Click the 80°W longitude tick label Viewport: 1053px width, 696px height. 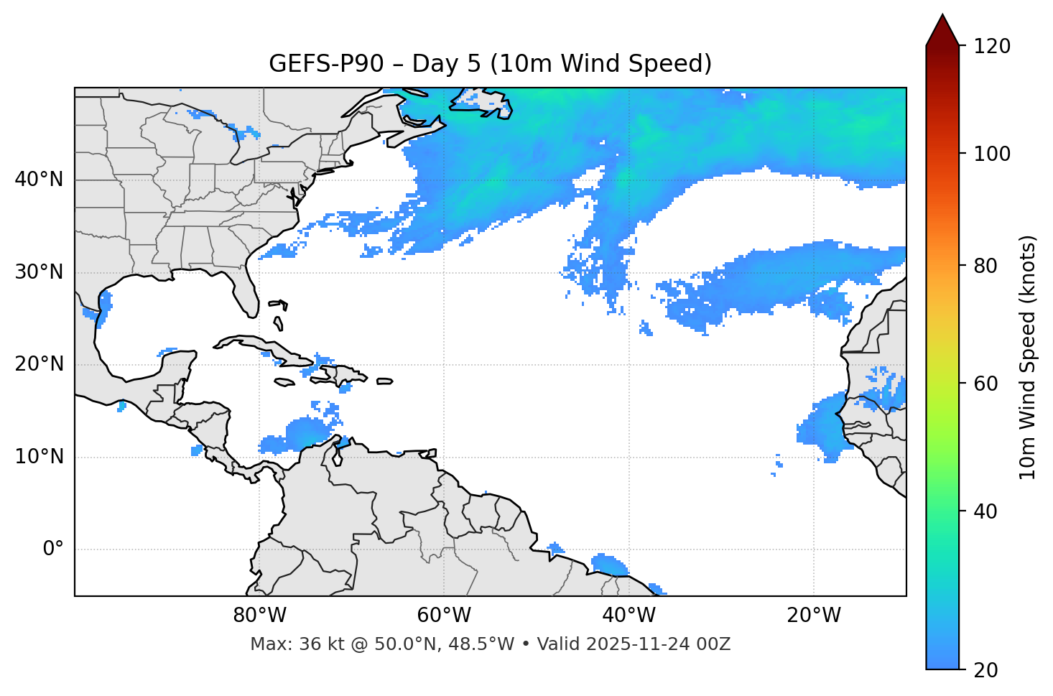tap(259, 616)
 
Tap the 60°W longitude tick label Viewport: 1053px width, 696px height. tap(444, 616)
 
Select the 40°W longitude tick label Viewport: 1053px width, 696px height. tap(629, 616)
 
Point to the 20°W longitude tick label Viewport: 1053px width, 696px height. tap(814, 616)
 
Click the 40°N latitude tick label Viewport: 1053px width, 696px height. tap(39, 180)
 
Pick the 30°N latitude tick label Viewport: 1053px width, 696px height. tap(39, 272)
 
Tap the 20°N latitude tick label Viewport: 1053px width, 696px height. tap(39, 364)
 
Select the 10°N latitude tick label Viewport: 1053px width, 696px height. tap(39, 457)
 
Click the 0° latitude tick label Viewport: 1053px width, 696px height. tap(53, 549)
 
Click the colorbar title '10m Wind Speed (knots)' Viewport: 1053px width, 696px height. tap(1028, 357)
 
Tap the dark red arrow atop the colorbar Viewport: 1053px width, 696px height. tap(942, 30)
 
